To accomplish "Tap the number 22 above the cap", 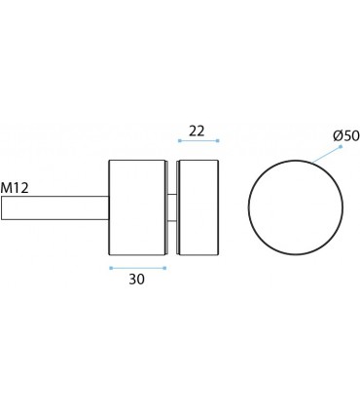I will [197, 130].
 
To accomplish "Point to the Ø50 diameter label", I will [345, 135].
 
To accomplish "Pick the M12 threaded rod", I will [54, 207].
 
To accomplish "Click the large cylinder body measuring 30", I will [137, 207].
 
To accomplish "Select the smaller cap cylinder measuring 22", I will [198, 207].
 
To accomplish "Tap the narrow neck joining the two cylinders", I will [172, 207].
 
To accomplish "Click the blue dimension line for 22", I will [198, 141].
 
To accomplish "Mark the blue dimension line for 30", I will [137, 267].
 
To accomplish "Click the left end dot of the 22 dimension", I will [179, 141].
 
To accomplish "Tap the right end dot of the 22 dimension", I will [218, 141].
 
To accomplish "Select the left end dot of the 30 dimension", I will [110, 267].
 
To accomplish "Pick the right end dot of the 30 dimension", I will [164, 267].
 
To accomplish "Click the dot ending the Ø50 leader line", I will [341, 146].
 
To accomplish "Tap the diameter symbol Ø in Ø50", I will [338, 135].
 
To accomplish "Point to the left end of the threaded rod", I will [3, 207].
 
